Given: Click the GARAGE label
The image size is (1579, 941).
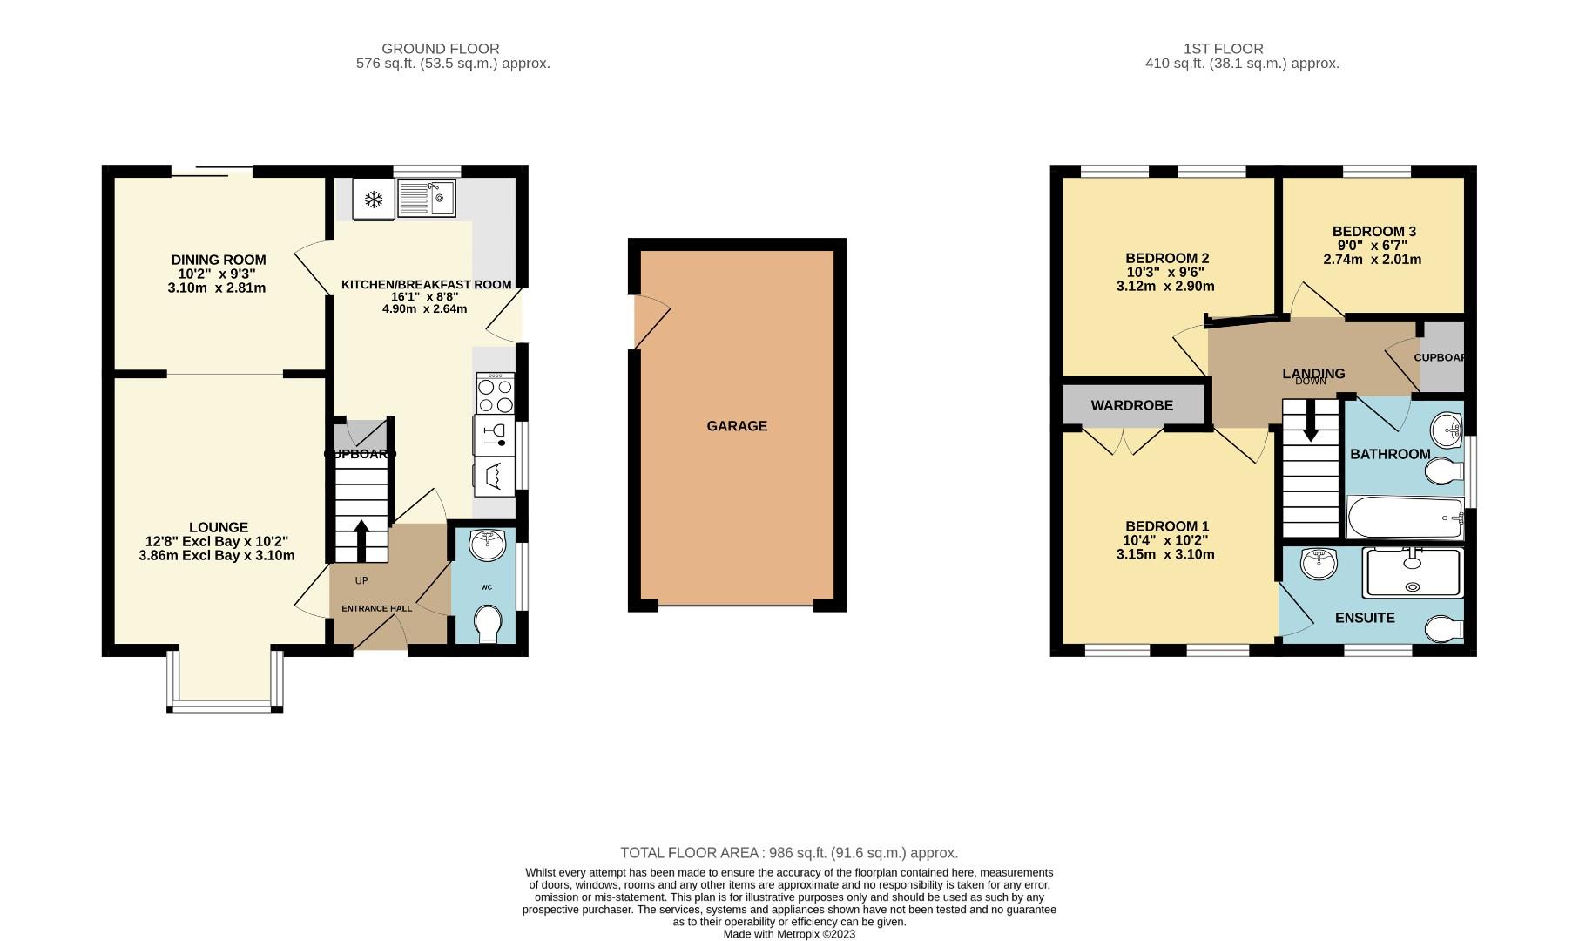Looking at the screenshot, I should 737,426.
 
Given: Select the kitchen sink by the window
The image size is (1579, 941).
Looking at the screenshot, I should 426,199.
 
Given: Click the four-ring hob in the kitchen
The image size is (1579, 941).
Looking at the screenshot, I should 495,395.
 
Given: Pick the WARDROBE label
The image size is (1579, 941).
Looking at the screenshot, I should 1131,405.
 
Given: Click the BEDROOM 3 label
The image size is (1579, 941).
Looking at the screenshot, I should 1373,231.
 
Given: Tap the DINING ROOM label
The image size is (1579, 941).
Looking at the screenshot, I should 218,260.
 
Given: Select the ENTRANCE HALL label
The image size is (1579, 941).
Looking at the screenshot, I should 375,609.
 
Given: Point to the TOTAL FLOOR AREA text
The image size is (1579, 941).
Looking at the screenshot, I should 788,853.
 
